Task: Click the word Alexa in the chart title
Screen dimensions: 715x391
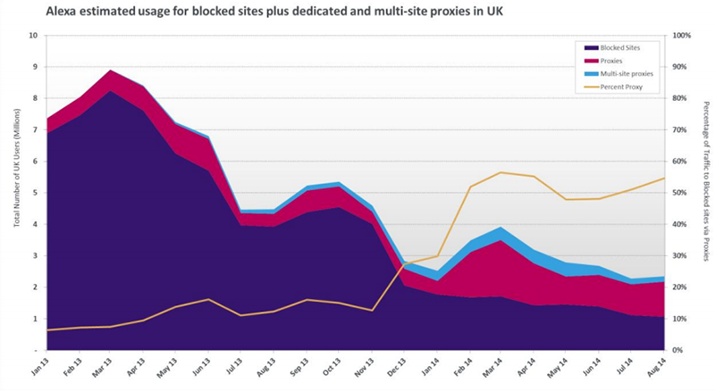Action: tap(59, 12)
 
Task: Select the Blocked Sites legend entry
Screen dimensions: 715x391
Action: tap(613, 47)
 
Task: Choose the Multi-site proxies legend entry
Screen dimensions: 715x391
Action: tap(619, 74)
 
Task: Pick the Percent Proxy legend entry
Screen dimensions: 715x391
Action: tap(614, 87)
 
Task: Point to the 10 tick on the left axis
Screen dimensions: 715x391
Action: tap(33, 35)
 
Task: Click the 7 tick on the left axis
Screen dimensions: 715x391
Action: tap(35, 129)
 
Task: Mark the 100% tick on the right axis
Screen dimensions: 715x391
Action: tap(682, 35)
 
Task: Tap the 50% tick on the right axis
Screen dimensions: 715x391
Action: tap(680, 193)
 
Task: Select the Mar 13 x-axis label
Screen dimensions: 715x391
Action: tap(104, 368)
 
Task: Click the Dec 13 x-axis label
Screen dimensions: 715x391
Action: tap(396, 368)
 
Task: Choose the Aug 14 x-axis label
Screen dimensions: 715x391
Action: tap(656, 368)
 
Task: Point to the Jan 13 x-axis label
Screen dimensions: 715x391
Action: tap(39, 368)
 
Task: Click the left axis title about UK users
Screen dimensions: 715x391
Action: tap(17, 167)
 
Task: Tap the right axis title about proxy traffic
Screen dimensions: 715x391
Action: tap(706, 181)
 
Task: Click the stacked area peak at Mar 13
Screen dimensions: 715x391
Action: tap(109, 71)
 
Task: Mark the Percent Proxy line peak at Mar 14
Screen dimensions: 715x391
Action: tap(500, 172)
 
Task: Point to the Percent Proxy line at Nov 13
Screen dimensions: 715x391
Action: tap(372, 311)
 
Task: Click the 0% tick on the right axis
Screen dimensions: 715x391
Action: tap(678, 350)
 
